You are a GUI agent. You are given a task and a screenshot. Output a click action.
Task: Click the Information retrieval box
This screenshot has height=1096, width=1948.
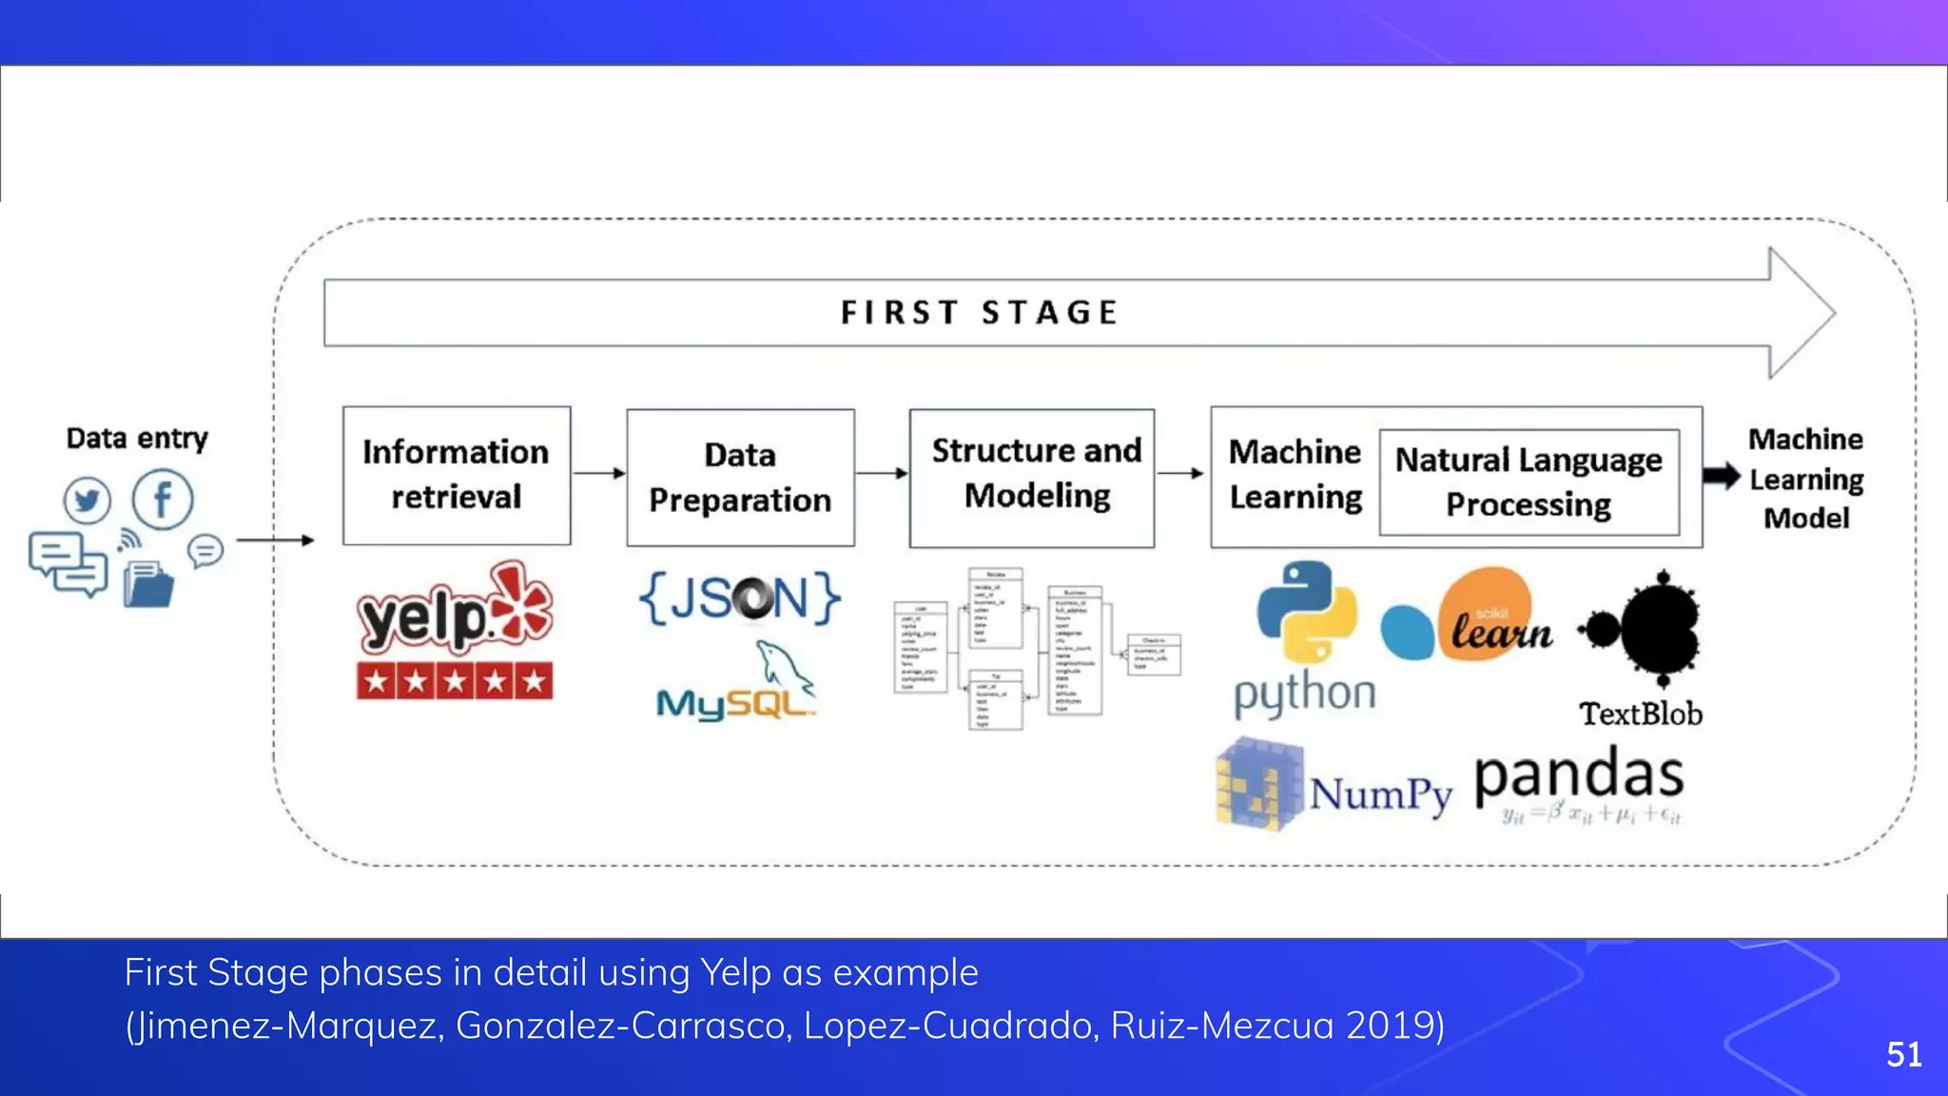click(x=457, y=475)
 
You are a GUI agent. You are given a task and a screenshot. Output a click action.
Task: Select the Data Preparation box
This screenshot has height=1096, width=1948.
click(x=740, y=478)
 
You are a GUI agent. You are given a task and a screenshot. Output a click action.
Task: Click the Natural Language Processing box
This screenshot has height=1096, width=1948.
click(x=1529, y=482)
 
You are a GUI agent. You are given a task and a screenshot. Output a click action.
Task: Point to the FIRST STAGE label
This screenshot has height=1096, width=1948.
click(x=980, y=312)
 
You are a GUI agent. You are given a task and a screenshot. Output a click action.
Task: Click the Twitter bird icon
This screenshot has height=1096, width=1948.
click(x=88, y=499)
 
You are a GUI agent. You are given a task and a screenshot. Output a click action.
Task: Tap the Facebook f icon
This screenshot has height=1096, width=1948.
click(x=163, y=499)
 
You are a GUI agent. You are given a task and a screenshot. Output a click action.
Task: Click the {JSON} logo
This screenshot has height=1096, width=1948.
click(x=740, y=598)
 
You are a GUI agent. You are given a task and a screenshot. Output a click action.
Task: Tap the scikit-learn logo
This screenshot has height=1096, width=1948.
click(x=1470, y=616)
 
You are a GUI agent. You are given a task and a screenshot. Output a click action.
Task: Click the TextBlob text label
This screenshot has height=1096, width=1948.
click(x=1641, y=714)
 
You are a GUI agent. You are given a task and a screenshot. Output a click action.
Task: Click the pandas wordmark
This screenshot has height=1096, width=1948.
click(x=1579, y=775)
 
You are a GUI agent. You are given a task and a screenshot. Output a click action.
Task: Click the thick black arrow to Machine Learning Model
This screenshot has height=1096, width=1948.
click(x=1721, y=477)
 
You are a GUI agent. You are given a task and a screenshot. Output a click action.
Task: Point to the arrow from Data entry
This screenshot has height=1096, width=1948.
click(x=275, y=540)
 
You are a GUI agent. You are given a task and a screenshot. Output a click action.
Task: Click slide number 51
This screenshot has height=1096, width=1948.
click(x=1903, y=1054)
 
